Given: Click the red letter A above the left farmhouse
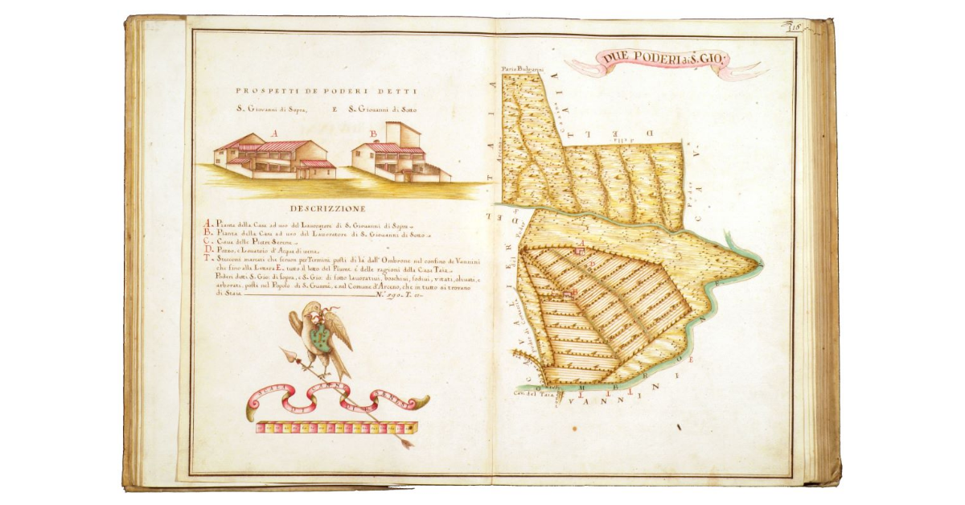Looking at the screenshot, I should click(274, 133).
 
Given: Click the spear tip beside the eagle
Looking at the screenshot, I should click(285, 351).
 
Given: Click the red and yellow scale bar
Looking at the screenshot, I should click(336, 428).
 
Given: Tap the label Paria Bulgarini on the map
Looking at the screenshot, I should click(519, 70).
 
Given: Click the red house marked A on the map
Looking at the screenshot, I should click(579, 251).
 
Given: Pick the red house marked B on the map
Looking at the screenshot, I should click(569, 295).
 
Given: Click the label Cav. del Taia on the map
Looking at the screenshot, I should click(530, 395).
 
